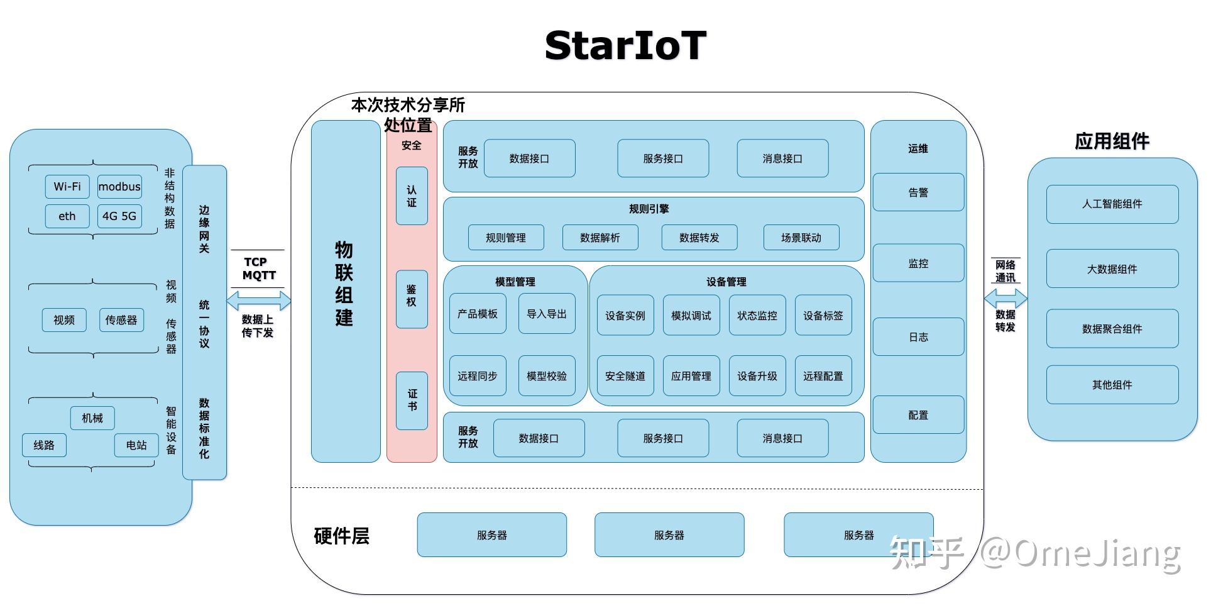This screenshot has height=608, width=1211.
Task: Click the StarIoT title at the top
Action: coord(625,46)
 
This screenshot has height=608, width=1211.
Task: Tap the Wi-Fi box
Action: coord(67,187)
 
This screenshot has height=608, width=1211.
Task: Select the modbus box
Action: coord(119,187)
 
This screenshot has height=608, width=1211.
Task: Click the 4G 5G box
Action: coord(119,216)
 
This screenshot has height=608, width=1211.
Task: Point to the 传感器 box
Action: coord(121,320)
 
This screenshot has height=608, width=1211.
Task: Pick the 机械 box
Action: coord(92,418)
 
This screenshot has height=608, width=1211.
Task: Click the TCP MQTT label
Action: coord(258,268)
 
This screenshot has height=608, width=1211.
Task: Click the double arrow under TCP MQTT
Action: coord(258,301)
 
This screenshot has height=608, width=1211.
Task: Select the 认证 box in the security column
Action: coord(412,196)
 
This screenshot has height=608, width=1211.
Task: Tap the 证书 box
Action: coord(412,401)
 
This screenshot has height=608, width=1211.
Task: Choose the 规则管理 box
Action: coord(506,238)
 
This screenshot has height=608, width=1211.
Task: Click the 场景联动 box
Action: coord(801,238)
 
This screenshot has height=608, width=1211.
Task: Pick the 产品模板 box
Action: coord(478,314)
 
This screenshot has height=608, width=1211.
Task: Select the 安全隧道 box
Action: coord(625,376)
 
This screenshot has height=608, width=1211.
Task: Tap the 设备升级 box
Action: coord(757,376)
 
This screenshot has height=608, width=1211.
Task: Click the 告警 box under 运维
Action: coord(918,192)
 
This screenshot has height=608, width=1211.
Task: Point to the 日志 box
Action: coord(918,337)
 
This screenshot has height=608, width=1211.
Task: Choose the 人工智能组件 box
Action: coord(1112,204)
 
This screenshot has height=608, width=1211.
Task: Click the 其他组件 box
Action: coord(1112,385)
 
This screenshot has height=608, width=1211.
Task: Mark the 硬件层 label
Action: coord(341,536)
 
